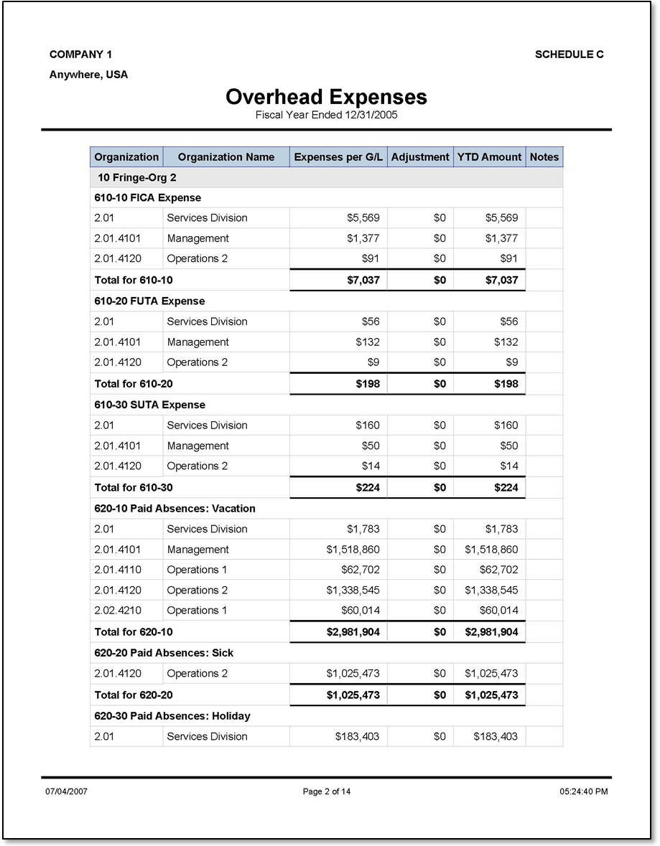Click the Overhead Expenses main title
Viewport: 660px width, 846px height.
[x=326, y=97]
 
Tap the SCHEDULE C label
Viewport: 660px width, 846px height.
[x=569, y=55]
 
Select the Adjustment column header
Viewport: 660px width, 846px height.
[x=419, y=157]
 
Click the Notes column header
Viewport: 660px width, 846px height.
[x=544, y=157]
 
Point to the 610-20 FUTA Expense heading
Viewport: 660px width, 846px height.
[x=149, y=301]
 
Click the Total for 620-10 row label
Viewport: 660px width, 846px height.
[x=134, y=632]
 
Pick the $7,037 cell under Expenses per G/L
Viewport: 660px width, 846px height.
[x=363, y=280]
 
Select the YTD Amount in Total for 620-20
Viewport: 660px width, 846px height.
[x=491, y=695]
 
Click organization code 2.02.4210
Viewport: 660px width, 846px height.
[x=118, y=611]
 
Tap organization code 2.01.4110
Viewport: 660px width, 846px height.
[x=118, y=570]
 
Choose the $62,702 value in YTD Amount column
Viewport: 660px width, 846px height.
[x=498, y=570]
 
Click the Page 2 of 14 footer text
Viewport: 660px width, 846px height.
[x=327, y=792]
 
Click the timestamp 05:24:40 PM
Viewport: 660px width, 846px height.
[x=583, y=792]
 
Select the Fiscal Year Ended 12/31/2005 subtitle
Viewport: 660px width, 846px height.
[x=327, y=115]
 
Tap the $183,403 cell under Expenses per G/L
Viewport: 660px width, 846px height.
[x=358, y=736]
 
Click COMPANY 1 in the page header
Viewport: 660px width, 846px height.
[x=80, y=55]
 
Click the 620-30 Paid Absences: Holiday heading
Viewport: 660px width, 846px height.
[x=172, y=716]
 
